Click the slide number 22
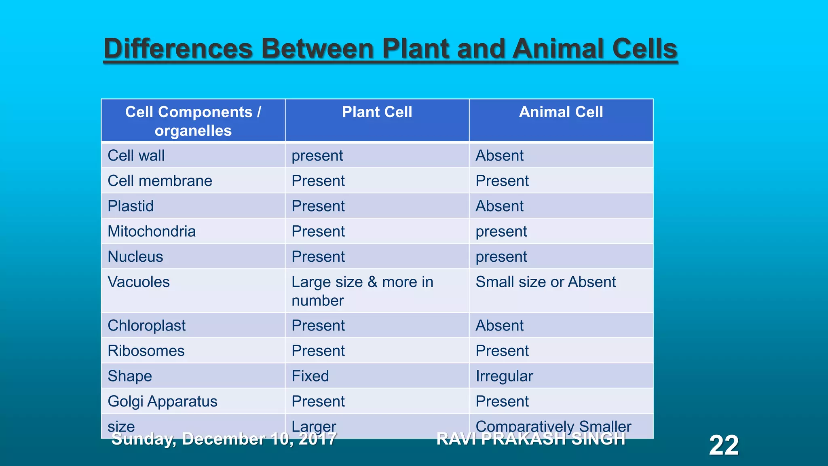coord(724,445)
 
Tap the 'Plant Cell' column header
coord(377,112)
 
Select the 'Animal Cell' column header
coord(561,112)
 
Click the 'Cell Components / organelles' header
coord(193,121)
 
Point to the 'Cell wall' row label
coord(136,156)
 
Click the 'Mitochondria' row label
coord(152,231)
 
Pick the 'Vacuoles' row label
coord(139,282)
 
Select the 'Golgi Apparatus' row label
coord(163,401)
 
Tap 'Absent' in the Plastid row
coord(499,206)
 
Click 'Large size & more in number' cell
coord(362,291)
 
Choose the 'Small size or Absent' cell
coord(545,282)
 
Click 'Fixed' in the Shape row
coord(310,376)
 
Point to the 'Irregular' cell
coord(504,376)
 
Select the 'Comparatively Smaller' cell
coord(553,426)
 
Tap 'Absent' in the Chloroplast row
coord(499,326)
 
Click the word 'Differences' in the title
coord(178,49)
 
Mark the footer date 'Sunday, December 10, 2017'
coord(224,439)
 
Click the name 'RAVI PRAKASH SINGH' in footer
coord(531,439)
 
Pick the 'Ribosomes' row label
coord(146,351)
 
